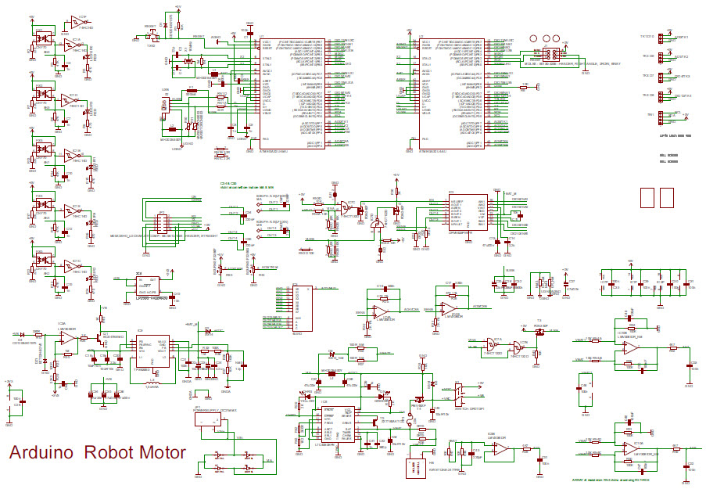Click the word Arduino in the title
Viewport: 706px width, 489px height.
[x=41, y=453]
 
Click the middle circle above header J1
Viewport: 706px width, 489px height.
[x=544, y=38]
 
